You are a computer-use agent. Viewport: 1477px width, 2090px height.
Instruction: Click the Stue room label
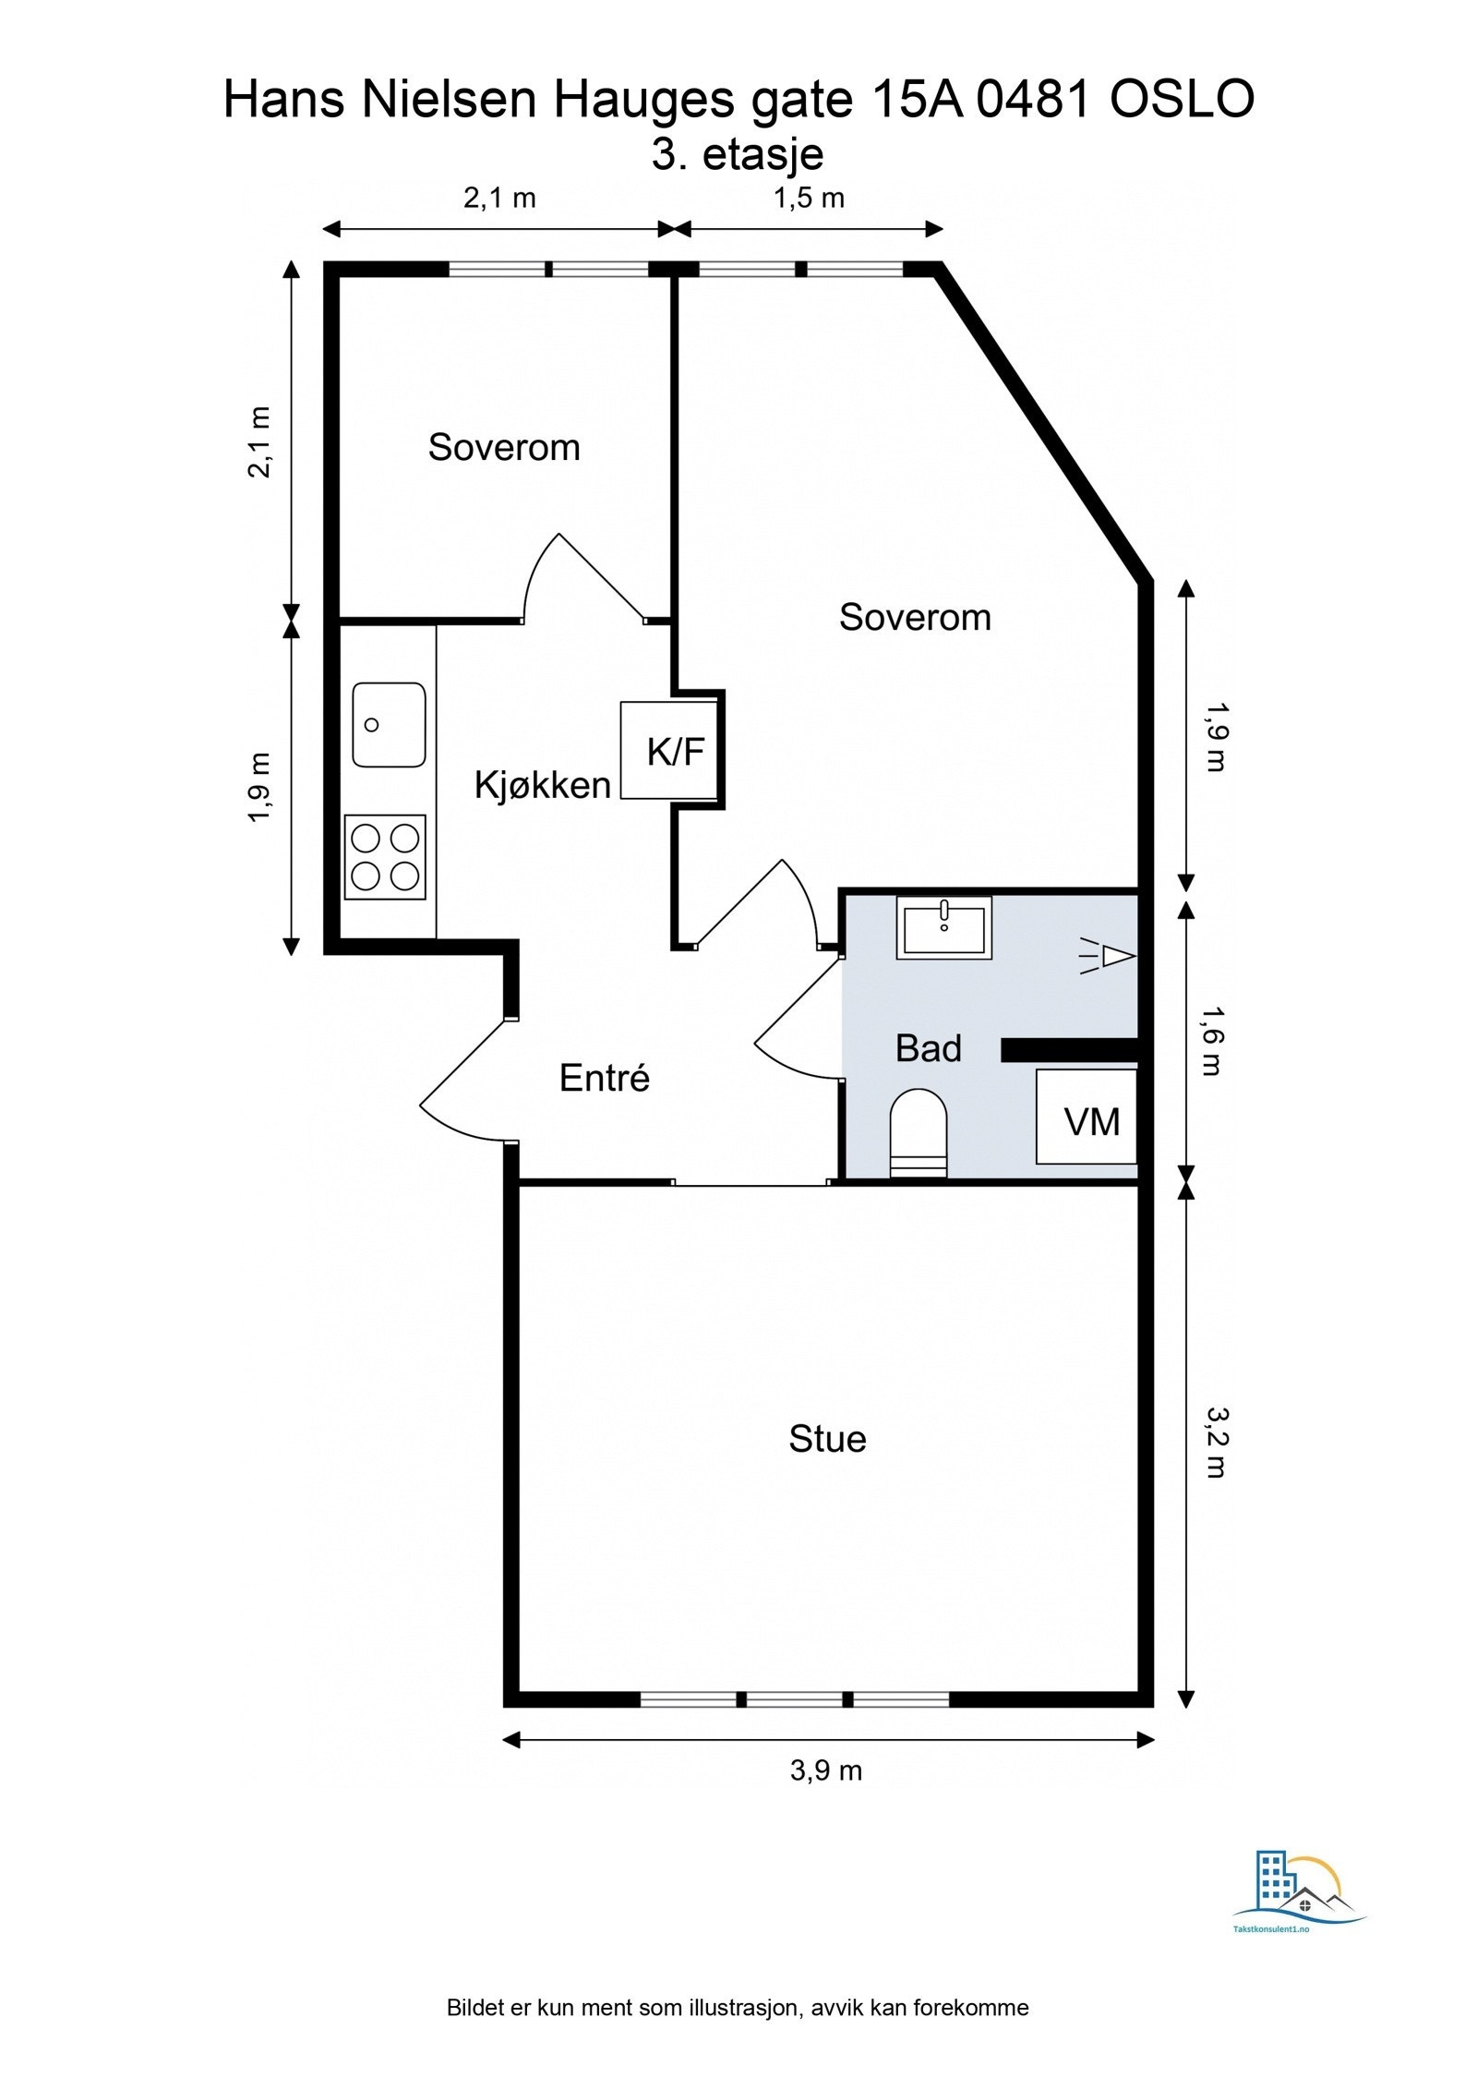(x=827, y=1439)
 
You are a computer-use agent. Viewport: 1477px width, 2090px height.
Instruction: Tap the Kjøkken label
(x=542, y=785)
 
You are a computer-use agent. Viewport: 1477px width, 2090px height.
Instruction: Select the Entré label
(x=605, y=1078)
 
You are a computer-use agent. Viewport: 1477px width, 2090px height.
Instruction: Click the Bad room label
(x=928, y=1048)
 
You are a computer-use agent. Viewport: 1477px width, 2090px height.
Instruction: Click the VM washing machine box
(x=1087, y=1117)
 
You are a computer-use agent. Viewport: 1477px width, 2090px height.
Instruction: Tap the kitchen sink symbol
(x=389, y=725)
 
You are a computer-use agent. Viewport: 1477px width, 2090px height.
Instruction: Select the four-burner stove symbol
(x=385, y=857)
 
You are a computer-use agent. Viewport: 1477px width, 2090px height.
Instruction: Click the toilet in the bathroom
(x=919, y=1133)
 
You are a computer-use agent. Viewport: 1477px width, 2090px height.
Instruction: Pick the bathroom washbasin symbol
(x=943, y=927)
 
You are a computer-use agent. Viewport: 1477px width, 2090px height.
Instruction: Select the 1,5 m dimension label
(x=809, y=198)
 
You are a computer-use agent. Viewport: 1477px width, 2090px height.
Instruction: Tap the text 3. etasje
(x=738, y=154)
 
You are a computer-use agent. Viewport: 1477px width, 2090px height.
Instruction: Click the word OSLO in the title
(x=1182, y=100)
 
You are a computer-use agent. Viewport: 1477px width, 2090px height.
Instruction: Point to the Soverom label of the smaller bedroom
(x=504, y=447)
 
